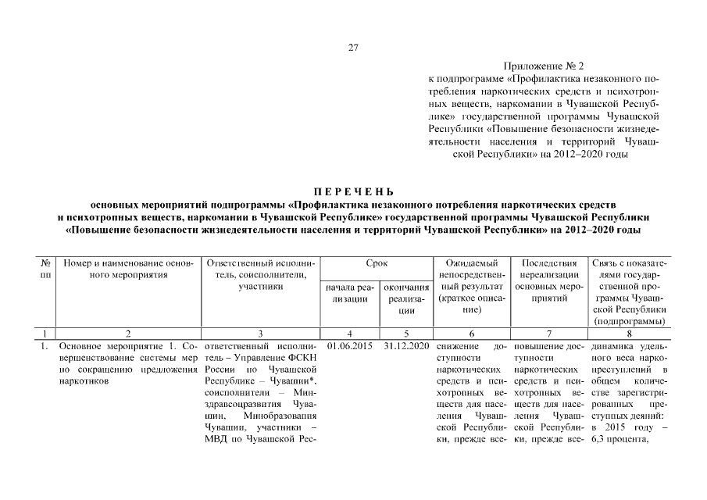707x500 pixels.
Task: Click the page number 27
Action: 353,48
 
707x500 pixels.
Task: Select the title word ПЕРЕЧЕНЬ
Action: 353,191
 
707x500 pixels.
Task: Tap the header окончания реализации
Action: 407,298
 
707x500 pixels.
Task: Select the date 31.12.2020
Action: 407,345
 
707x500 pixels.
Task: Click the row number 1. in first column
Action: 45,345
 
